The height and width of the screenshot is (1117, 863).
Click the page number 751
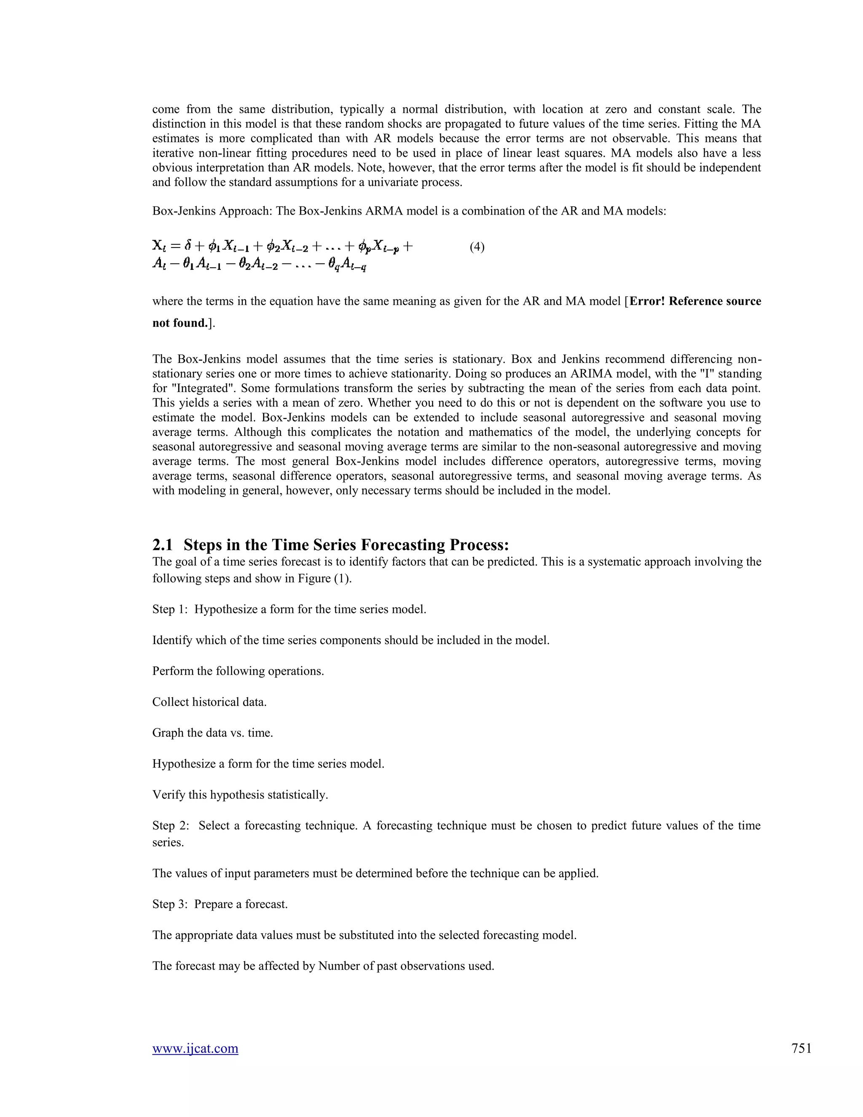pyautogui.click(x=801, y=1048)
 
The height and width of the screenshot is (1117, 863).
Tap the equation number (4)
pyautogui.click(x=477, y=247)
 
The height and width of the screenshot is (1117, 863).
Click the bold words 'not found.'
pyautogui.click(x=180, y=323)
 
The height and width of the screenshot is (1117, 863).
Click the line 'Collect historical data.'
pyautogui.click(x=209, y=702)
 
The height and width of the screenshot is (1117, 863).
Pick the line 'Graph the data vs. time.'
pyautogui.click(x=212, y=733)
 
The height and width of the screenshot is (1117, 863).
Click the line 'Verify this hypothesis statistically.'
pyautogui.click(x=240, y=795)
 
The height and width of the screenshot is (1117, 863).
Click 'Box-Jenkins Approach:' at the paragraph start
pyautogui.click(x=212, y=211)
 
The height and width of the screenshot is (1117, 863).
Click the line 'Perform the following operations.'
pyautogui.click(x=238, y=671)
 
